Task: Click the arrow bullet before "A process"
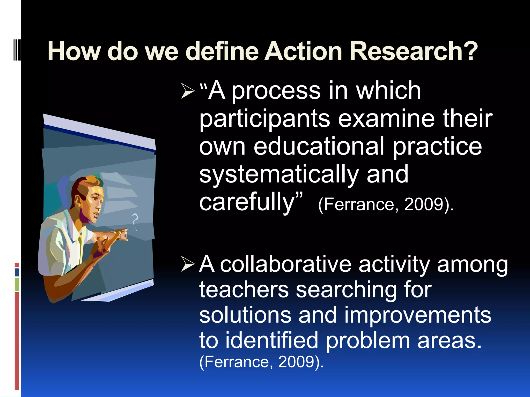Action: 188,91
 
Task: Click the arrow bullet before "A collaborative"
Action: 188,264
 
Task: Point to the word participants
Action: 264,119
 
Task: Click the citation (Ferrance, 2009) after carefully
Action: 385,205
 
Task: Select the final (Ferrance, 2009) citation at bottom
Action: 261,362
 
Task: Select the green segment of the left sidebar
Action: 17,284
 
